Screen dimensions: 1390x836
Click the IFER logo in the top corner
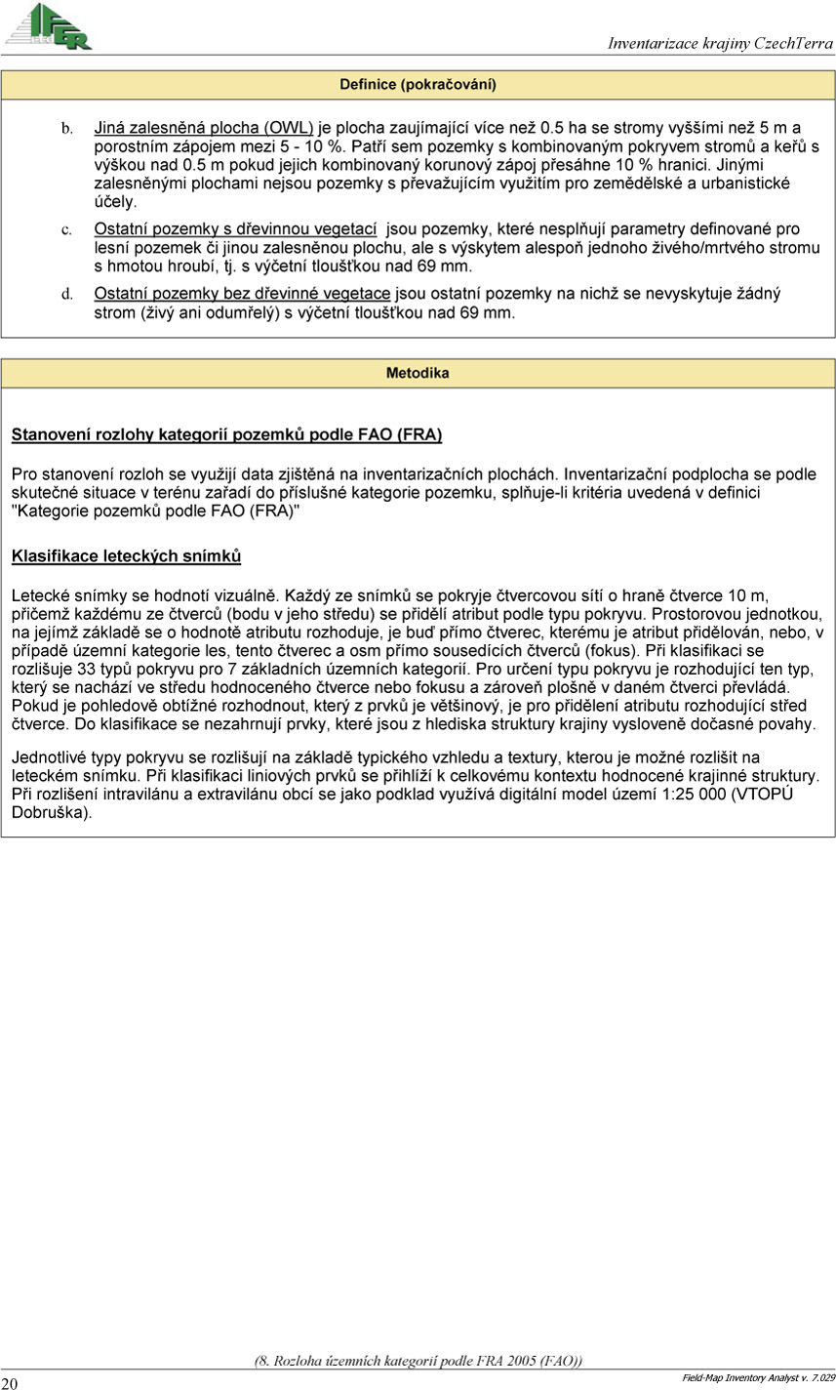point(49,26)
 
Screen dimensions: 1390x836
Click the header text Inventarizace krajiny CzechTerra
point(720,43)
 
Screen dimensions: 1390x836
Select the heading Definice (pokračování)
point(418,85)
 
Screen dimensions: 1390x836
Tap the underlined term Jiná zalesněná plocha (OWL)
point(203,128)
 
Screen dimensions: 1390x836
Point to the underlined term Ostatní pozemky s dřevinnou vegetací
point(235,229)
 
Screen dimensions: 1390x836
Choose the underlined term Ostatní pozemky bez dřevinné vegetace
point(242,294)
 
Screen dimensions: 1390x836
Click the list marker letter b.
point(67,129)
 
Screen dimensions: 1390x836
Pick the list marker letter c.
point(67,230)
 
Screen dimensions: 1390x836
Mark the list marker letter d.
point(67,295)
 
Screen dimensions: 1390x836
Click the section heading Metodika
point(418,373)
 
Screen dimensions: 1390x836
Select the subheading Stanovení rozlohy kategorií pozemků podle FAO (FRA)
point(226,434)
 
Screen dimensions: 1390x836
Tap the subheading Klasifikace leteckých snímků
point(126,556)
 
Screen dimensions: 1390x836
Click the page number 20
point(10,1382)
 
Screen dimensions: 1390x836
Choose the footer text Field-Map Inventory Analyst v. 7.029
point(757,1376)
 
